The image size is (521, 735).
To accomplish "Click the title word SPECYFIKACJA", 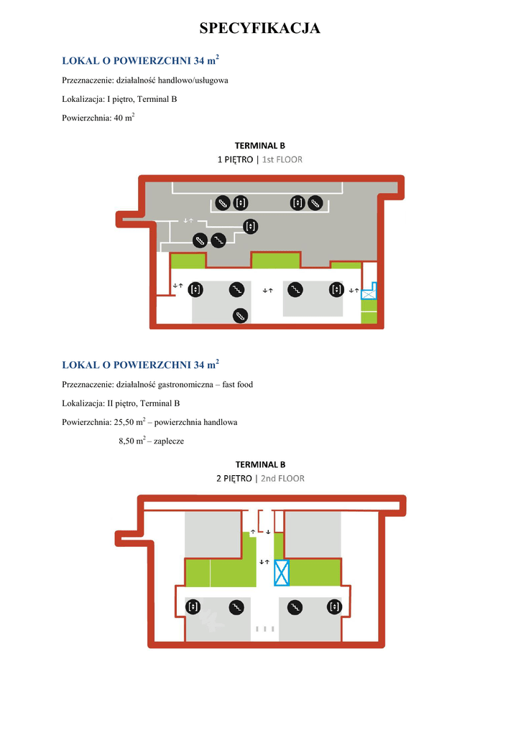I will (259, 29).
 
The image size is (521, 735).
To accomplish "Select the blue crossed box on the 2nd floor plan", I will (282, 574).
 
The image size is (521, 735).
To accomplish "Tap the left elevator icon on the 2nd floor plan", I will (193, 607).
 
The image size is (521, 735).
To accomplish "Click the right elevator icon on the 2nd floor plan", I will (333, 607).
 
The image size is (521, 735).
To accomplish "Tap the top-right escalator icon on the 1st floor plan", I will (314, 203).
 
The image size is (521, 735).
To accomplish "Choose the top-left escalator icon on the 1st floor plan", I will (223, 203).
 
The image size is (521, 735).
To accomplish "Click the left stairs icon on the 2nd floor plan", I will (235, 607).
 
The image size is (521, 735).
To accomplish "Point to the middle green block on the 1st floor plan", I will (275, 260).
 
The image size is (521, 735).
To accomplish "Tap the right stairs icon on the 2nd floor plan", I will (293, 607).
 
